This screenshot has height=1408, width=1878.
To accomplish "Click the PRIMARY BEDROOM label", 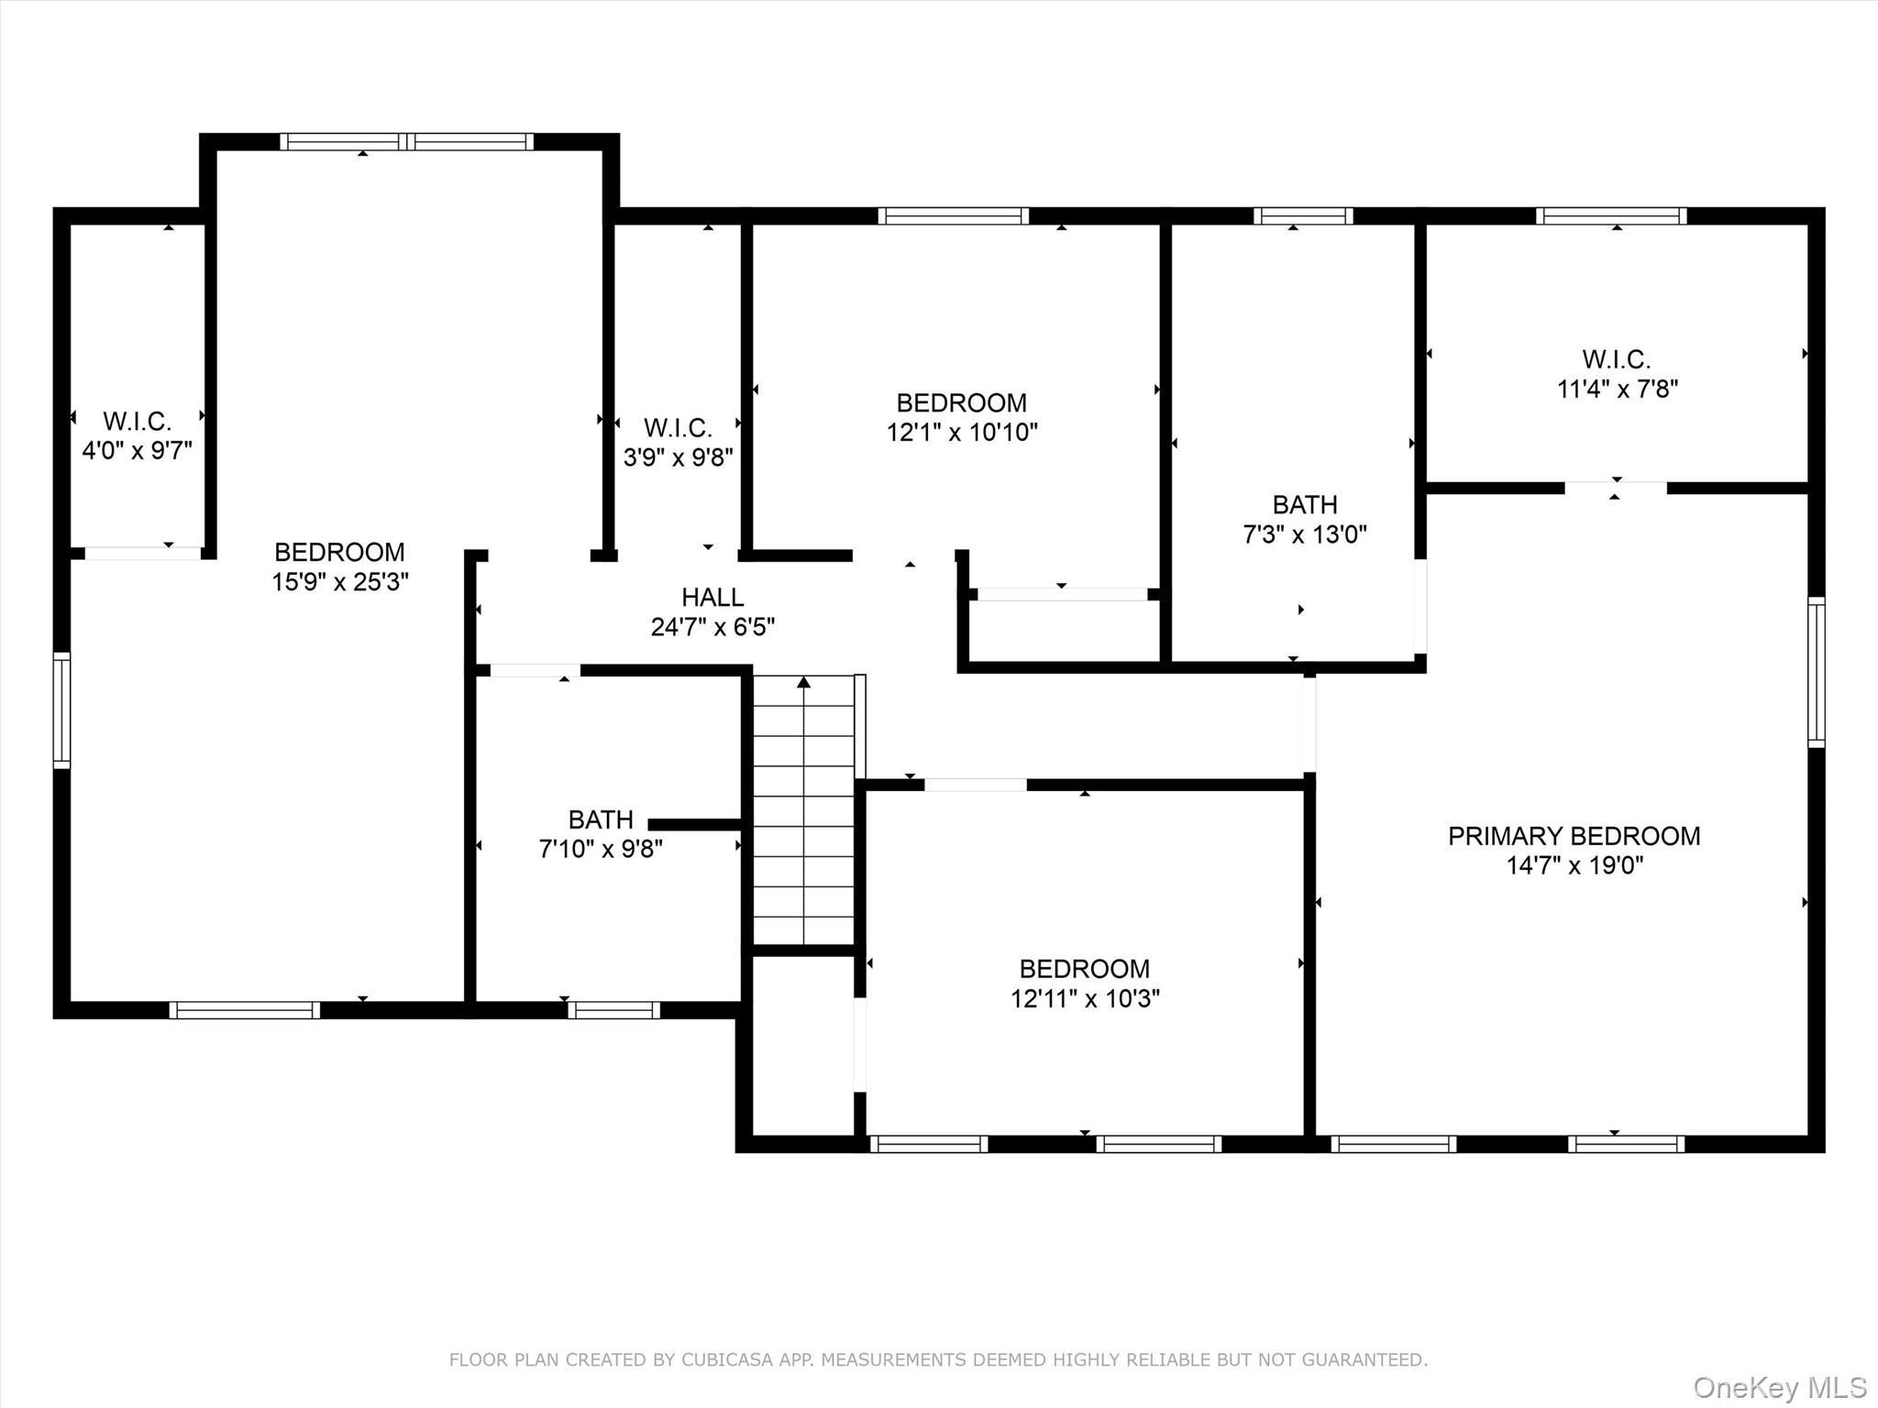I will click(1574, 835).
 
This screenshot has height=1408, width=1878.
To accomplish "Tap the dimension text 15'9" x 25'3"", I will click(339, 582).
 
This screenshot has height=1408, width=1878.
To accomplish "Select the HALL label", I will click(713, 598).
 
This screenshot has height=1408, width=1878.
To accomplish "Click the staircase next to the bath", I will click(804, 810).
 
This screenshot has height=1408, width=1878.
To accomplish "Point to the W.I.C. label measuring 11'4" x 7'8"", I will click(1616, 359).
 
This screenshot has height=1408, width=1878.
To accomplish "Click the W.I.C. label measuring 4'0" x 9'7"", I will click(138, 422).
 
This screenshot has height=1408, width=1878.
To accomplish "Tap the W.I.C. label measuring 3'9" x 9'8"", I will click(678, 428).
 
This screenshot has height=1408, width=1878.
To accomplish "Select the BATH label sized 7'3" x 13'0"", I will click(1304, 505).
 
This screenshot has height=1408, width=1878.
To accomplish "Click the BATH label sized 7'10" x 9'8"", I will click(601, 819).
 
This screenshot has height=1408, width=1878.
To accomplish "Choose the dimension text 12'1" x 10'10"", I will click(961, 433).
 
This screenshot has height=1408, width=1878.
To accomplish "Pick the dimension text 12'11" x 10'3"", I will click(1085, 998).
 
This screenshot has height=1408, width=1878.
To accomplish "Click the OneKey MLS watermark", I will click(1779, 1387).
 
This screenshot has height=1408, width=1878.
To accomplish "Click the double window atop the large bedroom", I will click(406, 142).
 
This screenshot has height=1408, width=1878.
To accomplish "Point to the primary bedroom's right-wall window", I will click(1815, 672).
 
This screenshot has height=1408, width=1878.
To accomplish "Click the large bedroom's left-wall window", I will click(61, 709).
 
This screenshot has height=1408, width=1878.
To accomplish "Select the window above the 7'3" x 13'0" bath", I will click(1303, 216).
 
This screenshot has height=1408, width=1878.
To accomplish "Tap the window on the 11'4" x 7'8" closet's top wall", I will click(1611, 216).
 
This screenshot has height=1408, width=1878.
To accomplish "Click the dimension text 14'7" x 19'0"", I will click(1574, 865).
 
